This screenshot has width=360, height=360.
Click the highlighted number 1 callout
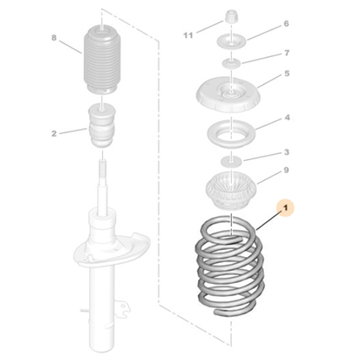(x=286, y=208)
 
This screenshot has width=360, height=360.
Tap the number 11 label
(x=188, y=35)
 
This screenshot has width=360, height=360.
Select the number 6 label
(x=286, y=23)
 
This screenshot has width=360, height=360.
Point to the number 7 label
(x=286, y=53)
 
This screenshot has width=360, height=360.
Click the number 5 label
(x=286, y=74)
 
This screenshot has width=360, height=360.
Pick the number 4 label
(x=287, y=118)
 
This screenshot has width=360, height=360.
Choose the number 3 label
(x=286, y=152)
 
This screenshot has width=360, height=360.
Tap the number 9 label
(x=286, y=170)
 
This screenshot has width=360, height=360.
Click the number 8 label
(x=54, y=38)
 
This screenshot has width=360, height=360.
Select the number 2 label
(x=54, y=133)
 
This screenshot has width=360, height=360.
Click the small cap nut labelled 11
(x=231, y=17)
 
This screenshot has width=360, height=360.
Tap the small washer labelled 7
(x=231, y=62)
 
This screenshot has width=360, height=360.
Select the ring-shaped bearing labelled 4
(x=232, y=133)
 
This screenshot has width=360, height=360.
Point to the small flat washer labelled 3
(x=231, y=161)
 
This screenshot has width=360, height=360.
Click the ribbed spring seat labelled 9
(x=232, y=191)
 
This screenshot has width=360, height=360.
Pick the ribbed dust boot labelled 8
(x=102, y=60)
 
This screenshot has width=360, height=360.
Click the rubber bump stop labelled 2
(x=102, y=125)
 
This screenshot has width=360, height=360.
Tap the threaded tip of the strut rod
(x=102, y=167)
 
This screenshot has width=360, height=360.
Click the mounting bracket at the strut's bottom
(x=121, y=309)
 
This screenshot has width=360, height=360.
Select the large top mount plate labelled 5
(x=228, y=96)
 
